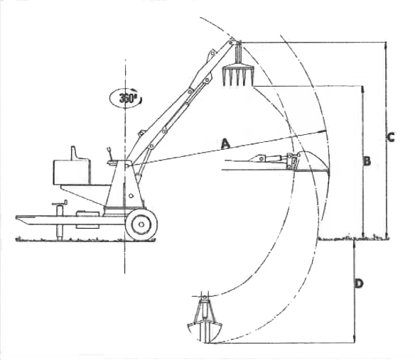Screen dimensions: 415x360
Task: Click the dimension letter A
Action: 225,143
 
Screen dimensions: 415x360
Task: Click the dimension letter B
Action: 367,161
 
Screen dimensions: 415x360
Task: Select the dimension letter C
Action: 390,137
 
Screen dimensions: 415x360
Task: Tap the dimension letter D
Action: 359,284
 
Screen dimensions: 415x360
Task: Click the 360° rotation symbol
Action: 126,98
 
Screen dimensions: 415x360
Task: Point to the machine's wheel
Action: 141,224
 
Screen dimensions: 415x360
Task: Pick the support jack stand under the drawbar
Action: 60,220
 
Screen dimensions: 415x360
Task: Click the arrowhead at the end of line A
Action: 323,131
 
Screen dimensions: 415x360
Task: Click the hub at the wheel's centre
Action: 141,224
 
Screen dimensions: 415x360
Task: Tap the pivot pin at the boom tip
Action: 231,42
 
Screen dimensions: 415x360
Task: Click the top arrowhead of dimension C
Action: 387,45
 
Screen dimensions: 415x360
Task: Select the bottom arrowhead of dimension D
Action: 354,339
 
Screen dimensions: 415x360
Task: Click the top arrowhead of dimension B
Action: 363,89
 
